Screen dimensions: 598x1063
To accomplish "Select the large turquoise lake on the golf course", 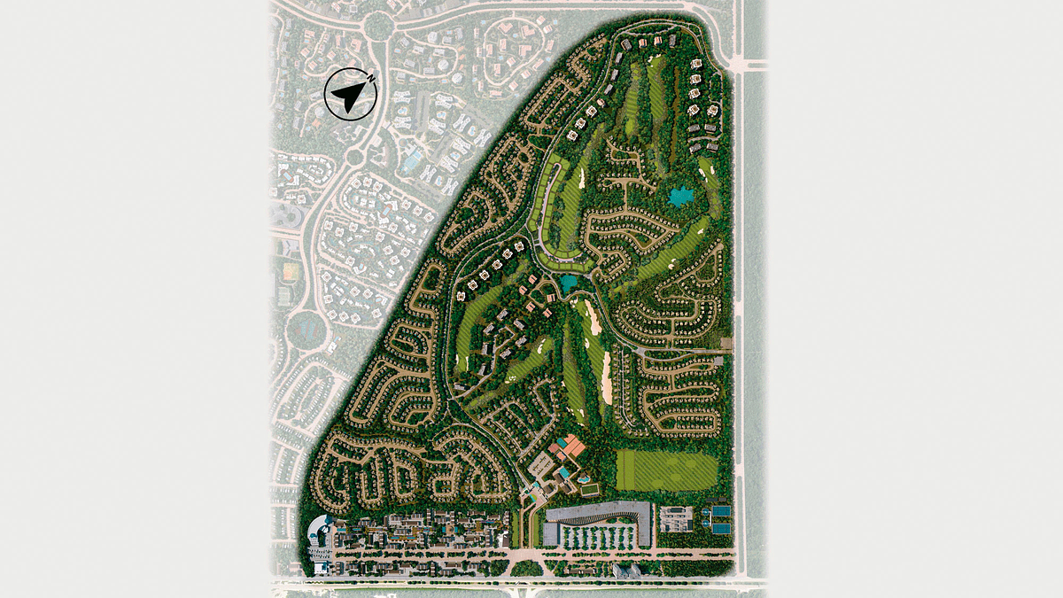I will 681,197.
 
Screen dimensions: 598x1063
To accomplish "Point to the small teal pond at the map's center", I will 567,283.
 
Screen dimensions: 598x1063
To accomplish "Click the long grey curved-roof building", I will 599,513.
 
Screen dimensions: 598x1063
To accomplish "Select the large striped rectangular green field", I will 666,470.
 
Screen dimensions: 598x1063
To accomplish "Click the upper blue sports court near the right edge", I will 721,512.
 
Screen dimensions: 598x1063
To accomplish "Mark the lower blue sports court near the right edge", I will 721,528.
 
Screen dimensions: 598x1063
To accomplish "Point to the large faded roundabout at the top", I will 378,27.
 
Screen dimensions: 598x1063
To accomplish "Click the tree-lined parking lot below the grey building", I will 601,537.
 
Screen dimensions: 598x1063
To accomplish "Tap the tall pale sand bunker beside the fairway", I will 607,377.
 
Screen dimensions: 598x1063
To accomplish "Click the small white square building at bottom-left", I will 320,564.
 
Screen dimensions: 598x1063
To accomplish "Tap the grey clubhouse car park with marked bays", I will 541,463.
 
